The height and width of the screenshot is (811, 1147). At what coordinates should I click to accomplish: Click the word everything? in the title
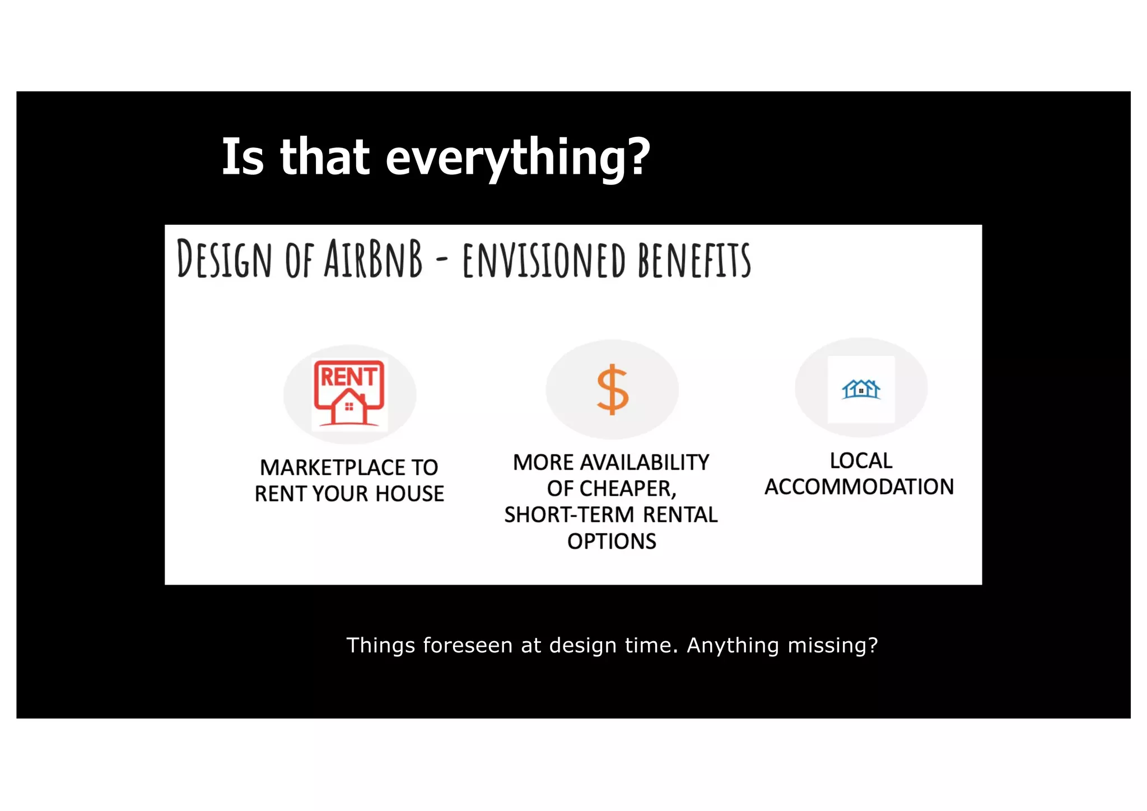(x=517, y=157)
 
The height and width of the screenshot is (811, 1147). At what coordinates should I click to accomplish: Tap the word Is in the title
(x=243, y=157)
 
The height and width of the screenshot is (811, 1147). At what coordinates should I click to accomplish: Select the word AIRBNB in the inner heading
(x=374, y=259)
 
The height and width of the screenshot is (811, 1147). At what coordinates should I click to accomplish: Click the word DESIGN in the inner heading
(x=224, y=259)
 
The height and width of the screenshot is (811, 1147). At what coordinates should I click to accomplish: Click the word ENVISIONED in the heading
(x=543, y=260)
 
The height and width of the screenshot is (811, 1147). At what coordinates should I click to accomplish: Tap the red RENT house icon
(x=349, y=393)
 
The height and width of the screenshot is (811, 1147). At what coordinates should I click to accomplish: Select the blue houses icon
(x=861, y=388)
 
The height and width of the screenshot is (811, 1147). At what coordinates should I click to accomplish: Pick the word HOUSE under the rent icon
(x=409, y=494)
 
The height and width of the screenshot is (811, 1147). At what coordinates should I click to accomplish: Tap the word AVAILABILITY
(x=645, y=463)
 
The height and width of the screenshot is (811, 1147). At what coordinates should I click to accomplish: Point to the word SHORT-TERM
(x=569, y=515)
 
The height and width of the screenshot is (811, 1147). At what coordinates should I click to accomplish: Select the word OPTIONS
(x=612, y=541)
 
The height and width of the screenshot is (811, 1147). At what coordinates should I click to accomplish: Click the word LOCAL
(x=861, y=461)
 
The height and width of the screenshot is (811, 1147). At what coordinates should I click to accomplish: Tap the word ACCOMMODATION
(x=859, y=487)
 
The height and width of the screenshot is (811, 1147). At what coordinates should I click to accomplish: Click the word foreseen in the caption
(x=468, y=645)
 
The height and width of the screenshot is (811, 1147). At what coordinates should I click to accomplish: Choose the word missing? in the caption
(x=833, y=645)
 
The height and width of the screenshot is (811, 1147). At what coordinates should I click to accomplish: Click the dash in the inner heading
(x=442, y=260)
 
